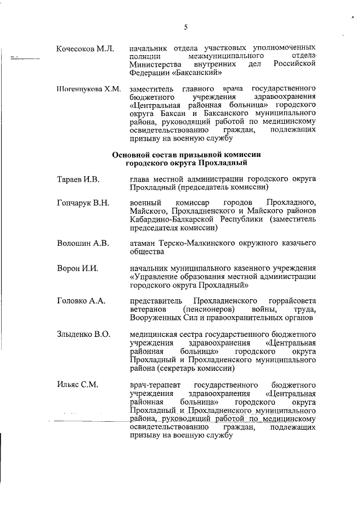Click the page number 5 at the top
[x=185, y=26]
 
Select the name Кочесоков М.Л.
[x=85, y=49]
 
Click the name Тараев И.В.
[x=78, y=179]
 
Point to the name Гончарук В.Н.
[x=83, y=202]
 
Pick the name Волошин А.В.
[x=82, y=243]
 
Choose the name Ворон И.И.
[x=78, y=267]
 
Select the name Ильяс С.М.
[x=78, y=385]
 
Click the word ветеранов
[x=148, y=310]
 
